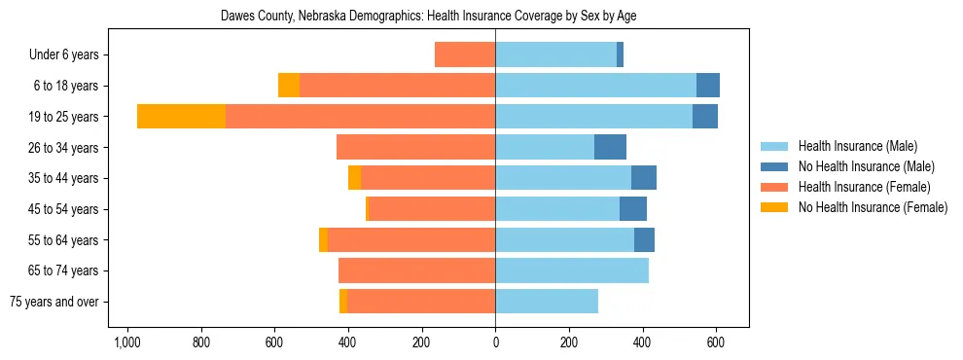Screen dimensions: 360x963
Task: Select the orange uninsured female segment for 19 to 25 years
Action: point(181,117)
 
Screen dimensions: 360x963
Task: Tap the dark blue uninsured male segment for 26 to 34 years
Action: point(610,147)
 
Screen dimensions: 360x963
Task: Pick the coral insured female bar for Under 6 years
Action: point(465,54)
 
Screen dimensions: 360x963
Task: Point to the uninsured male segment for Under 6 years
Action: point(620,54)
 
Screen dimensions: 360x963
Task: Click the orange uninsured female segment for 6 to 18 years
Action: point(289,86)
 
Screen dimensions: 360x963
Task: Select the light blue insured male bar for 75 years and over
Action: point(547,302)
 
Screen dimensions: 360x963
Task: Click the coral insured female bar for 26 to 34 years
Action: point(416,147)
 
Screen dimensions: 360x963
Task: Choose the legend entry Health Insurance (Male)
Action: point(856,146)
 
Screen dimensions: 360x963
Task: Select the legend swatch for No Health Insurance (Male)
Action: point(776,166)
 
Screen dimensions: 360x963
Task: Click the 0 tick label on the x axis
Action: point(495,342)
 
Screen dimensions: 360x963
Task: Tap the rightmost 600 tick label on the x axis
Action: point(716,342)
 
